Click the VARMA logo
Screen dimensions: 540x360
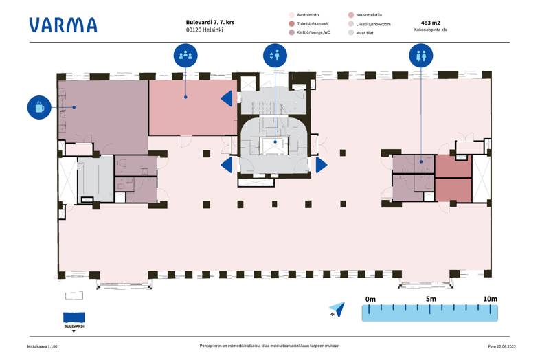(63, 25)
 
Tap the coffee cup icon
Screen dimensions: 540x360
(39, 107)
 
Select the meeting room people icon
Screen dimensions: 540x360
(185, 55)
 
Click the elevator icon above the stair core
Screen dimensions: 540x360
(275, 55)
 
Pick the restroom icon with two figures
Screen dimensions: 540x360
(421, 55)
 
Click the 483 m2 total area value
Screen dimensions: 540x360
(431, 23)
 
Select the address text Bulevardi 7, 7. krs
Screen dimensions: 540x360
(210, 22)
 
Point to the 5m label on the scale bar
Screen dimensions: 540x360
(431, 299)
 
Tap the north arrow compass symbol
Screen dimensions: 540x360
(337, 310)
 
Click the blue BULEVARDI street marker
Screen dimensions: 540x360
(74, 317)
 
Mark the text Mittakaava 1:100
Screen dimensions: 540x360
(43, 346)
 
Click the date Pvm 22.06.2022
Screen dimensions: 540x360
(502, 346)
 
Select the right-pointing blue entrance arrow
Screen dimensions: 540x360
(322, 165)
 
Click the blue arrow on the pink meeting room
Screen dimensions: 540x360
(227, 99)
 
